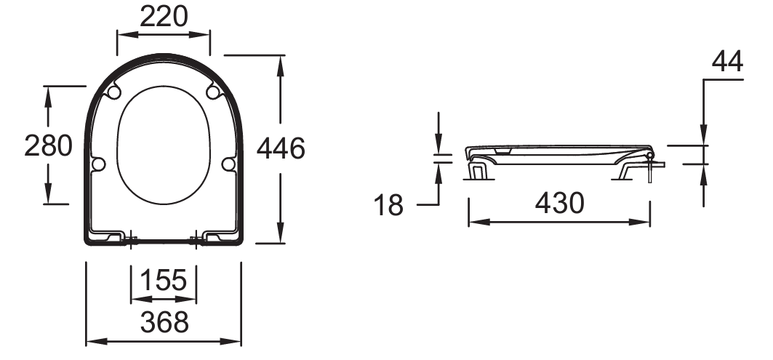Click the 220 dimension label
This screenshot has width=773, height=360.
(x=164, y=16)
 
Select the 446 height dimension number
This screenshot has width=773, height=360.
(x=281, y=148)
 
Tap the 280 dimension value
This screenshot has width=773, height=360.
(x=48, y=146)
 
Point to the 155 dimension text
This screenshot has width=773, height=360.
(x=164, y=280)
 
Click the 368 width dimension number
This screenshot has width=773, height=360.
(x=164, y=322)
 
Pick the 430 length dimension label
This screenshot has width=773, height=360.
(x=559, y=203)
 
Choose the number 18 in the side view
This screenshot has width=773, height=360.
(x=388, y=205)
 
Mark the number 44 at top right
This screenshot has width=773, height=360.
(x=727, y=62)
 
